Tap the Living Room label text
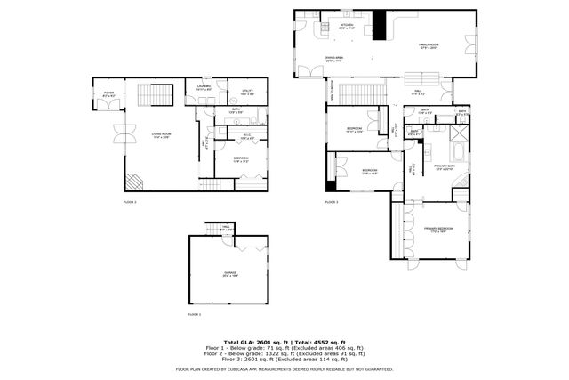point(161,134)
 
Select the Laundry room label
point(203,89)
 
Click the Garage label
point(230,275)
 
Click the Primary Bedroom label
point(437,230)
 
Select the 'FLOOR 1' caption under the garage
point(194,315)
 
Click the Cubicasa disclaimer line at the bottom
point(284,368)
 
